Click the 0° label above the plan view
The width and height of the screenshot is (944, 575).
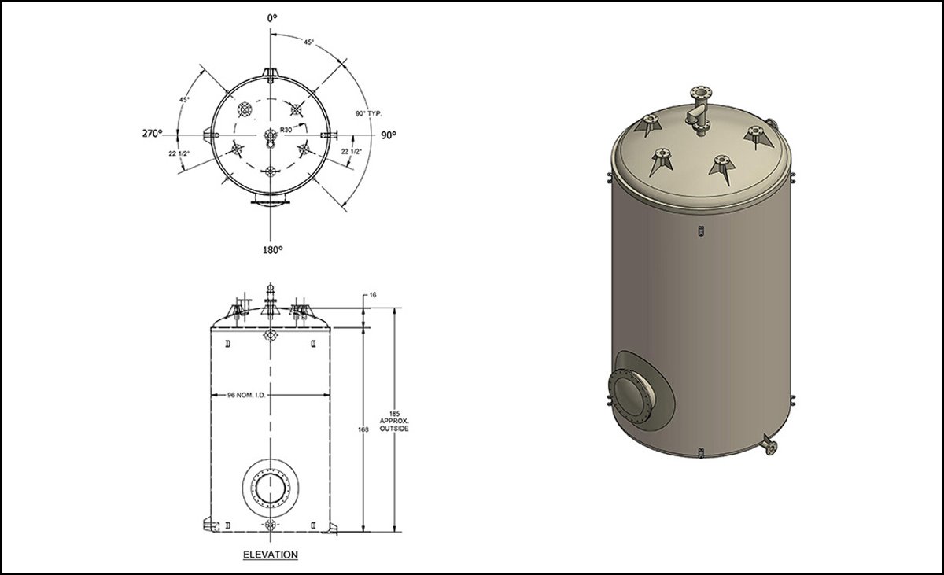(272, 17)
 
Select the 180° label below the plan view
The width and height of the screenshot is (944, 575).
(273, 250)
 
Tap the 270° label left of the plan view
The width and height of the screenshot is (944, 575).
(152, 134)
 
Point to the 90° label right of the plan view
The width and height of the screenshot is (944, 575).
(389, 135)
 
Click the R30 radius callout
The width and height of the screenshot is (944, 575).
(286, 130)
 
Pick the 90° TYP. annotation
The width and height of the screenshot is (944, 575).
(369, 114)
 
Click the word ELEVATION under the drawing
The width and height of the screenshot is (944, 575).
(271, 555)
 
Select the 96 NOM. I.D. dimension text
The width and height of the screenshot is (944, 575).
(246, 395)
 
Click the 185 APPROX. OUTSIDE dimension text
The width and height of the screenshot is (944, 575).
(394, 422)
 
